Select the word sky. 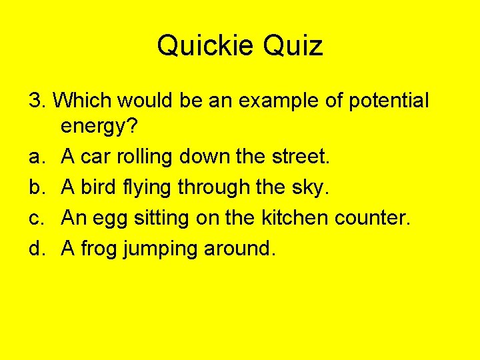tap(311, 188)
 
